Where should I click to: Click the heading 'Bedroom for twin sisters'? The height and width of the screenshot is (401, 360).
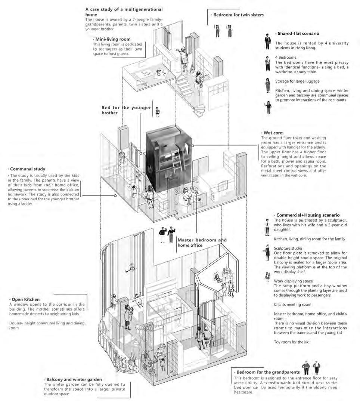click(238, 15)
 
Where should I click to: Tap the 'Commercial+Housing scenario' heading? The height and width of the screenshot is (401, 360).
click(307, 215)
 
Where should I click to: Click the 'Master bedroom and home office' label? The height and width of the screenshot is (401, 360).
click(202, 243)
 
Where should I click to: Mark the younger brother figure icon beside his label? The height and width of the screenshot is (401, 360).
click(158, 111)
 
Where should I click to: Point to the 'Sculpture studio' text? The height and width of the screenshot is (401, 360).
click(288, 248)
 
